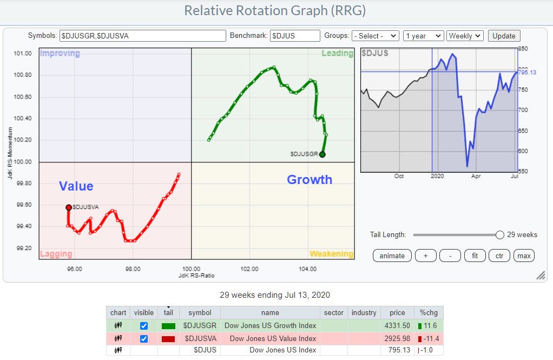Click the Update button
coord(504,36)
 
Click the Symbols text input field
coord(142,36)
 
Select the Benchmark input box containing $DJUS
coord(294,36)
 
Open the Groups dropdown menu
coord(375,36)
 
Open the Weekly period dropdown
coord(465,36)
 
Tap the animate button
coord(392,256)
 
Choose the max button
coord(524,256)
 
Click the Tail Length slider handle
coord(500,235)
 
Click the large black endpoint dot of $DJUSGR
coord(322,155)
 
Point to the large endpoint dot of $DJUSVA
coord(69,207)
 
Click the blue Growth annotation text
coord(310,180)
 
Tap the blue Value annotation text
coord(76,187)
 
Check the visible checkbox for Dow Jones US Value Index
coord(143,339)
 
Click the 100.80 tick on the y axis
coord(23,75)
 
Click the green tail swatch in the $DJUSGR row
coord(168,326)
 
